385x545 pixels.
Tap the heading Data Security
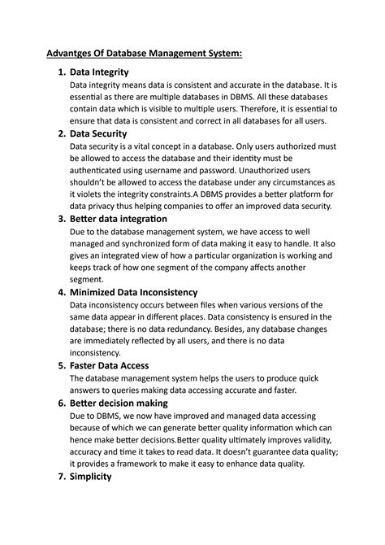pos(107,133)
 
